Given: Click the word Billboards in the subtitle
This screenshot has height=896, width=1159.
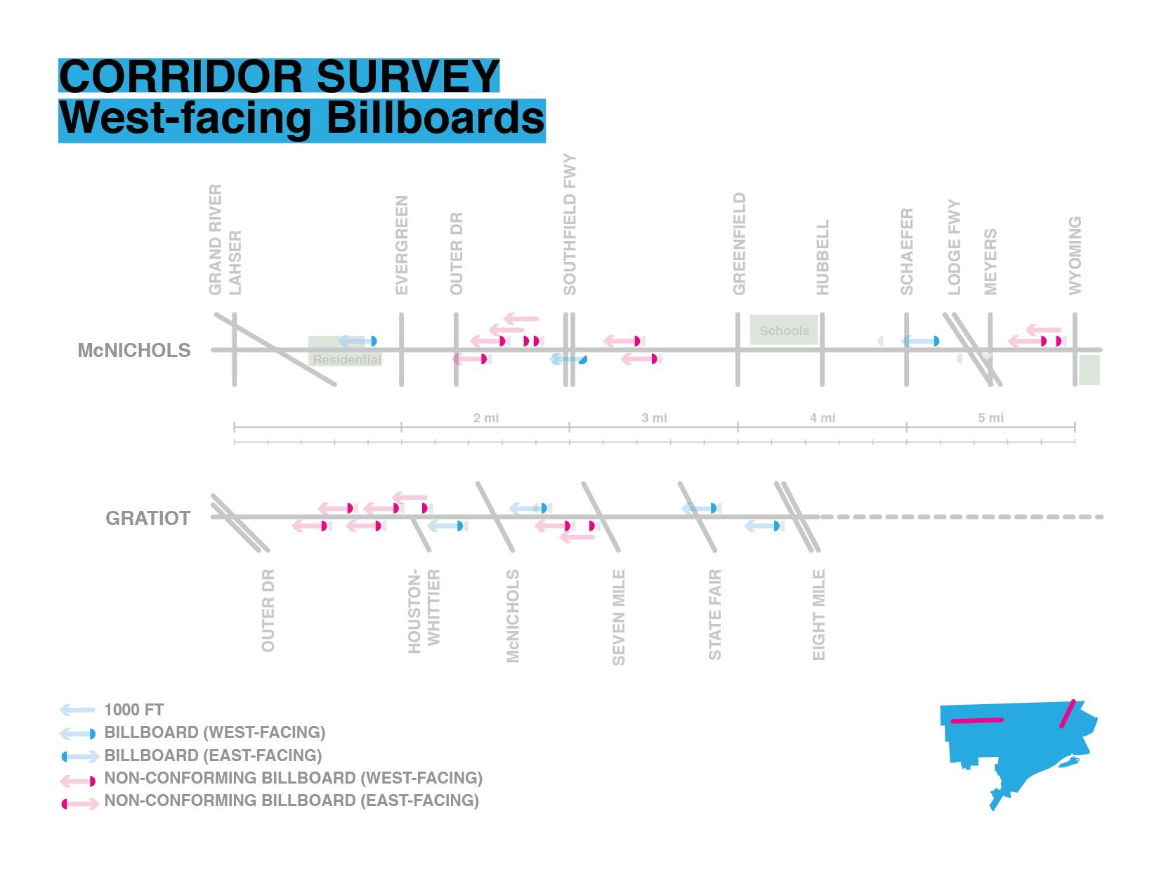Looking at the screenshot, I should point(435,118).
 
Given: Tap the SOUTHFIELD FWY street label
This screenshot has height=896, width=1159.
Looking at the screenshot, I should point(570,225).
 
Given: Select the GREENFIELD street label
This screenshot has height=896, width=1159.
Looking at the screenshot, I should point(739,244).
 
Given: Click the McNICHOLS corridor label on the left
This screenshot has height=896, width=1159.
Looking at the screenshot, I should point(134,351).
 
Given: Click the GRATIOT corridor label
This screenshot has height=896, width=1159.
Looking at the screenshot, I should point(148,519).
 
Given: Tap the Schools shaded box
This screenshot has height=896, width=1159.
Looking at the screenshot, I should point(784,330).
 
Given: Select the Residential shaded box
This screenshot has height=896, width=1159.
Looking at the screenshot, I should point(346,359).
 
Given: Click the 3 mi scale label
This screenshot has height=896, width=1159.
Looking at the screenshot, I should point(654,418).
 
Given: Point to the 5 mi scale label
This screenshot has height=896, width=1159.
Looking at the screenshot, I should point(990,418).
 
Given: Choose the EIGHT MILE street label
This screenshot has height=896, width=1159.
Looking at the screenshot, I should point(819,615).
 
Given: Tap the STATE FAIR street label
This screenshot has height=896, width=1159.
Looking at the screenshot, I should point(715,615).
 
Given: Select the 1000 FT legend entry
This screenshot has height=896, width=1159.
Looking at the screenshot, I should point(133,710).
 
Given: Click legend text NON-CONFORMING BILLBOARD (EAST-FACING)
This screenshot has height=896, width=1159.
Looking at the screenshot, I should point(292,800).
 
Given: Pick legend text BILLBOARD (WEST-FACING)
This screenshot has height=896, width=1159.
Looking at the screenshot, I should point(214,732).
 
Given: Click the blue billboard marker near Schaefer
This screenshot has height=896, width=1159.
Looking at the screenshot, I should point(936,342).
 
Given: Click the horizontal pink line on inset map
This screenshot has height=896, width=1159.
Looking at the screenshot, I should point(976,720).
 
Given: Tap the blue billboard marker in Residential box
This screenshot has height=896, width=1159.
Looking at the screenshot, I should point(374,342).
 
